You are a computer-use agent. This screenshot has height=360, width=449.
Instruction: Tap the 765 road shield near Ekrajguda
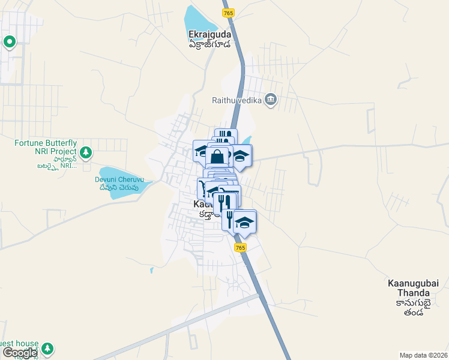(x=228, y=13)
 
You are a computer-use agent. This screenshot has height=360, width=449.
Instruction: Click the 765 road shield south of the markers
(x=240, y=247)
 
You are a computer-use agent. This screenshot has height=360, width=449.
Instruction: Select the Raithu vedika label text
(x=237, y=100)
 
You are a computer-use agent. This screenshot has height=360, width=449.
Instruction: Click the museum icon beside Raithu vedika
(x=271, y=99)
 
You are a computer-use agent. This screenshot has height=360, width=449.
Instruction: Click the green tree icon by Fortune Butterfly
(x=86, y=152)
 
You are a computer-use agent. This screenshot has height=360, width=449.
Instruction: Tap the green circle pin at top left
(x=10, y=42)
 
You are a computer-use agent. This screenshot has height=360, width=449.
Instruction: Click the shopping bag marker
(x=218, y=157)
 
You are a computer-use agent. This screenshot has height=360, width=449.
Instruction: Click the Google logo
(x=19, y=353)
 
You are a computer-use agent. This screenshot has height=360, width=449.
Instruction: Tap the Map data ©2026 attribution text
(x=423, y=355)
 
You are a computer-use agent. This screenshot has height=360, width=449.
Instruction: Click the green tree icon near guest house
(x=47, y=348)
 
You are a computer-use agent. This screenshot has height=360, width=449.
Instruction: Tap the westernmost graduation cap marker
(x=201, y=150)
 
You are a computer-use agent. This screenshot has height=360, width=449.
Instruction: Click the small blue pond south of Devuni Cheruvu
(x=151, y=270)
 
